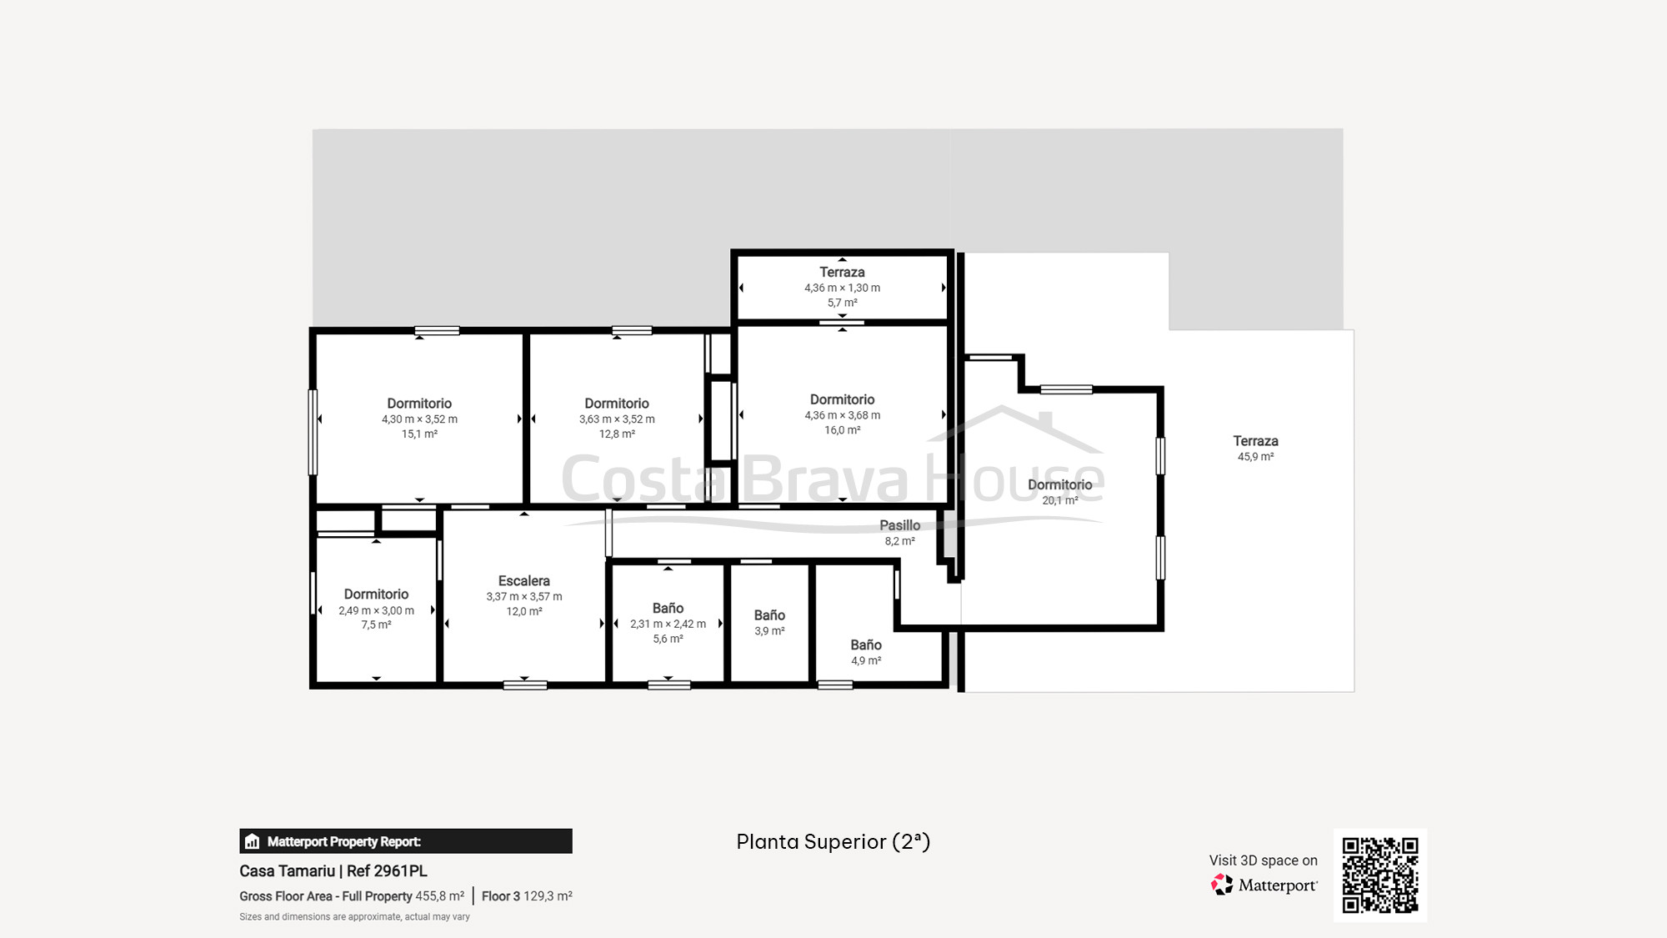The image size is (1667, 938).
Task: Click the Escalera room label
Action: point(524,581)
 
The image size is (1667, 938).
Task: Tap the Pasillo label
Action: point(900,525)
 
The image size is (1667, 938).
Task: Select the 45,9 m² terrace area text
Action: point(1255,457)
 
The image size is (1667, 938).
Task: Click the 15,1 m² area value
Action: point(419,434)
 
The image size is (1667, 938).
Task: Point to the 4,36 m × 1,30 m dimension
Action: point(842,288)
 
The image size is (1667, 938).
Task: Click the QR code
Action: point(1380,875)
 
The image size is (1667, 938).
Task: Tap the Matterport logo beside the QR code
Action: point(1264,885)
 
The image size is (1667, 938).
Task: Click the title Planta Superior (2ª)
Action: point(833,842)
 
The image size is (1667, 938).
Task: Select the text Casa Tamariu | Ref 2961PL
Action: point(333,871)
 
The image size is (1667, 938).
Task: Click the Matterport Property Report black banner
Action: point(406,841)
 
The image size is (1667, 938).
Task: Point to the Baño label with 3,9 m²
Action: point(769,615)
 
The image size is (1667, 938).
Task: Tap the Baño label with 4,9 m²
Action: point(866,645)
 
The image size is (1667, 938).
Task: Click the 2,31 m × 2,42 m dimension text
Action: point(668,624)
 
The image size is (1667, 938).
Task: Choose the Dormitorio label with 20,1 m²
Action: point(1059,485)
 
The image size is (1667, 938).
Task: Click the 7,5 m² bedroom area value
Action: point(376,625)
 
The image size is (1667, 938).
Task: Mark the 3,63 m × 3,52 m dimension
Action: point(617,419)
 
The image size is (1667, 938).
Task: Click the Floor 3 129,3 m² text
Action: point(527,896)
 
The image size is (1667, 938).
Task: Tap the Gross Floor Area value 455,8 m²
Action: point(440,896)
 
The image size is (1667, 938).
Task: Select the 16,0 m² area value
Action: point(842,430)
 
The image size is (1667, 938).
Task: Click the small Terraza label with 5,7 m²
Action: point(842,273)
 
